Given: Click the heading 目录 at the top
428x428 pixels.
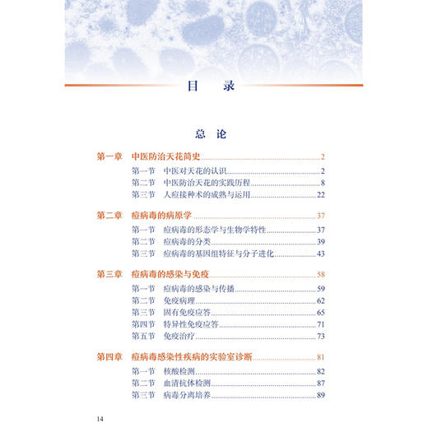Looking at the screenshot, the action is tap(213, 84).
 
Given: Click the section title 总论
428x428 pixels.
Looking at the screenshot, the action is tap(212, 133).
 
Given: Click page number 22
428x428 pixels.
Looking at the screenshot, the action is tap(322, 194).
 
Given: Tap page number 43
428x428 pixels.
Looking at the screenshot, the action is tap(322, 254).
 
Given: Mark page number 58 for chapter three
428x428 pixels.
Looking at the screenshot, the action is tap(322, 274).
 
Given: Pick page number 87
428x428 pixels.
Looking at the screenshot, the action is tap(322, 384).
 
